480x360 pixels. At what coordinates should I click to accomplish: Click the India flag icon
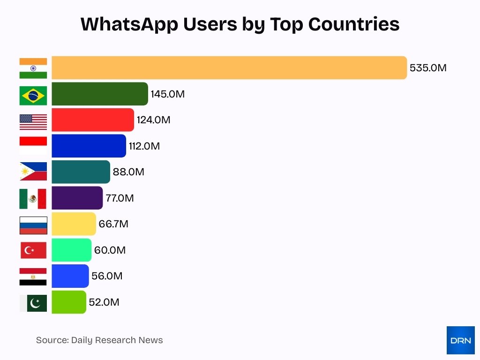[33, 68]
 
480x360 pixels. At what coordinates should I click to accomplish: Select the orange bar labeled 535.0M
[229, 68]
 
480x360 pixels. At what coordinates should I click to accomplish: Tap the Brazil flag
[33, 96]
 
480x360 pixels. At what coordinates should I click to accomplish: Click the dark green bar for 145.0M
[99, 94]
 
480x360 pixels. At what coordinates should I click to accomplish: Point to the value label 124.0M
[153, 120]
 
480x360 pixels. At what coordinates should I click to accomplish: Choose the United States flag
[33, 122]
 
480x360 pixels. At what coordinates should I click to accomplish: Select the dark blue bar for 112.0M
[89, 146]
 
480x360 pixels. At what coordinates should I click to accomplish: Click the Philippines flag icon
[33, 172]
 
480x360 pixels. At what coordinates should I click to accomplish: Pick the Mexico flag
[33, 199]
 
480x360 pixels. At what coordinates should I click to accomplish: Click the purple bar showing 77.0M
[77, 198]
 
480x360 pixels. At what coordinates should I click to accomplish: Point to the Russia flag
[33, 225]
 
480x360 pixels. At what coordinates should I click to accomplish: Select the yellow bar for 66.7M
[74, 224]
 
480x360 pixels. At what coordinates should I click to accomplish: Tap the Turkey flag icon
[33, 250]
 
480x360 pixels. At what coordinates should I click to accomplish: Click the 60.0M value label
[110, 250]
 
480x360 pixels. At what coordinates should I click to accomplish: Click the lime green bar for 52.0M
[69, 302]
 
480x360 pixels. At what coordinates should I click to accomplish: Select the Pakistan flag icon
[33, 303]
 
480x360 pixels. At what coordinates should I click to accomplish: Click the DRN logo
[460, 340]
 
